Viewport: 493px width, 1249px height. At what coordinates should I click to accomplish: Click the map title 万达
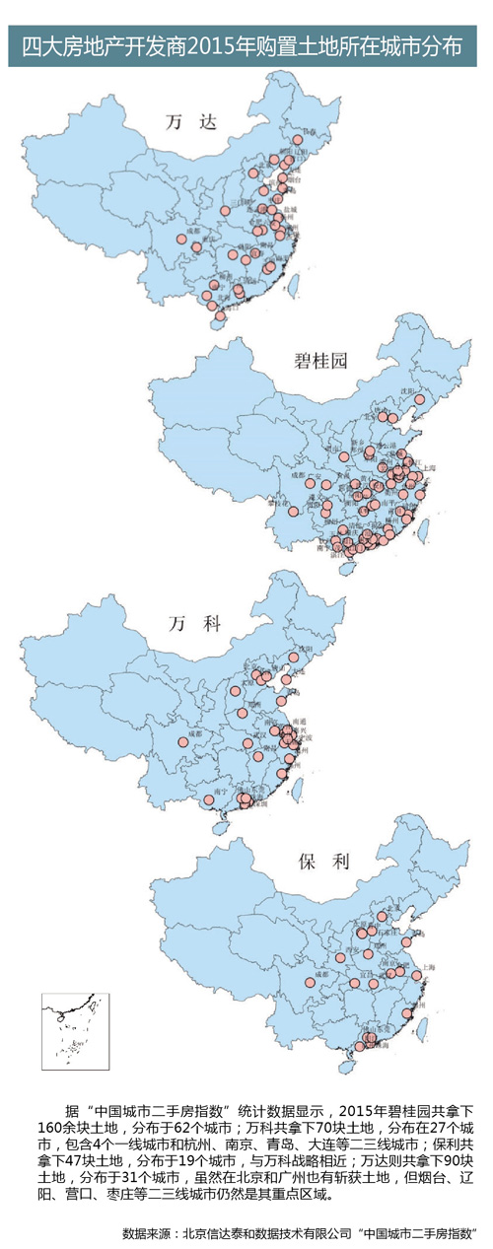179,122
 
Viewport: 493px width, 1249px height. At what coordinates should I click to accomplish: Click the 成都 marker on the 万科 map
182,742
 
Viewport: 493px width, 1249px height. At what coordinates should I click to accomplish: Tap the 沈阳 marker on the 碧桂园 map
419,400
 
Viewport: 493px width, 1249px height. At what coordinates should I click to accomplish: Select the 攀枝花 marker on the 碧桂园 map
292,512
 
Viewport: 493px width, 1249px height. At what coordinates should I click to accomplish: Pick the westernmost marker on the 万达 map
181,238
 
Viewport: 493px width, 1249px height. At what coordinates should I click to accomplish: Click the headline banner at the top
246,47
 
